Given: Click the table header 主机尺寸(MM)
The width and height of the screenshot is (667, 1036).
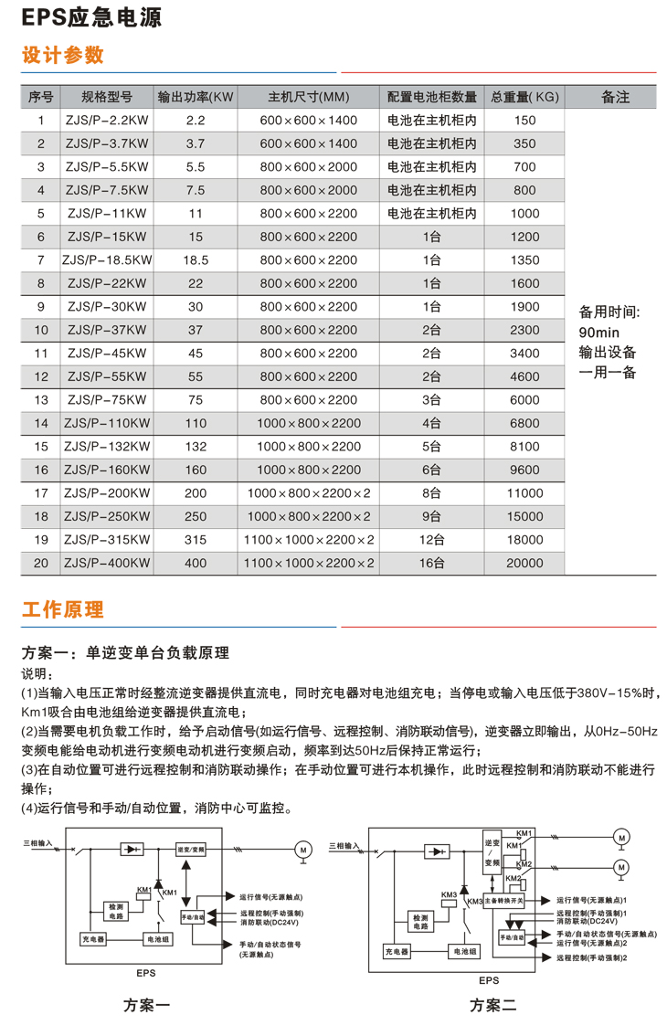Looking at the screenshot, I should pos(309,97).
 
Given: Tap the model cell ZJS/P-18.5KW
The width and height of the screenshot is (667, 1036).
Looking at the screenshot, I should pos(107,260).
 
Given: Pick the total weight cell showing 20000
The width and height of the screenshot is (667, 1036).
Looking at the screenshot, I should pos(524,564).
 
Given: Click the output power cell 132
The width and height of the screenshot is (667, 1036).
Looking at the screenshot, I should pos(196,447).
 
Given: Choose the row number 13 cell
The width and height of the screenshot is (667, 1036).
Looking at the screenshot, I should pos(40,400).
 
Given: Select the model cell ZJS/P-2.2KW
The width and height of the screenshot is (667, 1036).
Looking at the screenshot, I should pos(107,121).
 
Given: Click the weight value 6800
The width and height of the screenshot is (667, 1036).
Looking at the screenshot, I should pos(524,424).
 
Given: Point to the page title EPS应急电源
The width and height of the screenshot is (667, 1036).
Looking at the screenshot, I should pos(74,17).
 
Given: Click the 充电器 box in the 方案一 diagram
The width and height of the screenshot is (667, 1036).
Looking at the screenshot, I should pos(93,939).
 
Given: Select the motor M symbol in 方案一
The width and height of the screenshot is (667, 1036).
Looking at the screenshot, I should pos(302,850).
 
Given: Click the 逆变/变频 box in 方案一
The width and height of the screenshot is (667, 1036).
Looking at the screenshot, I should pos(192,850).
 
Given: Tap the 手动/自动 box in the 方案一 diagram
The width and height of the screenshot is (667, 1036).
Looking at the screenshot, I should pos(193,914).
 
